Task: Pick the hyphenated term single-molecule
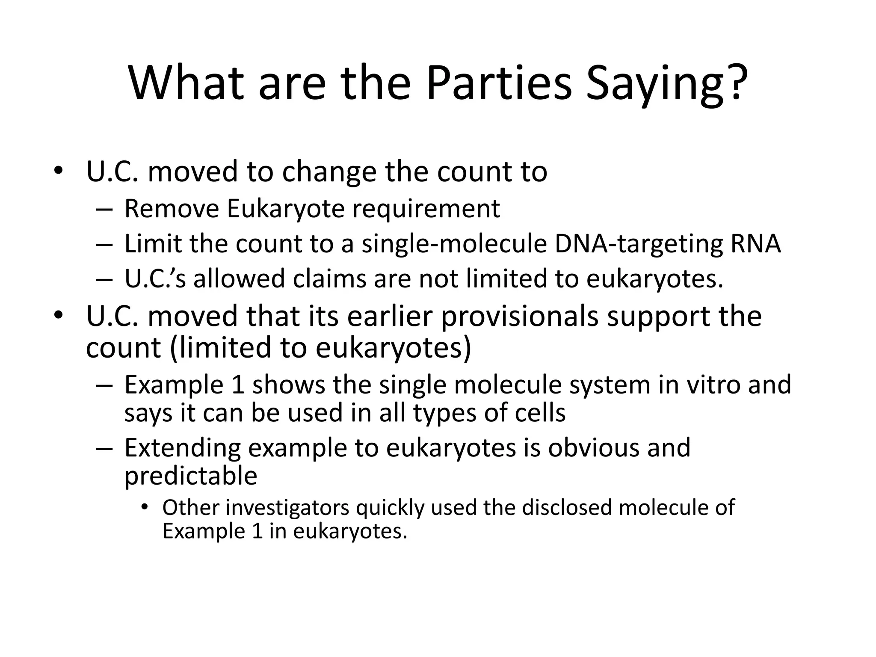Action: click(x=454, y=244)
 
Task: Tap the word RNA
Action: click(x=755, y=244)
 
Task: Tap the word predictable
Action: click(x=191, y=476)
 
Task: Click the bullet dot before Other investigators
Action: click(x=145, y=508)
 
